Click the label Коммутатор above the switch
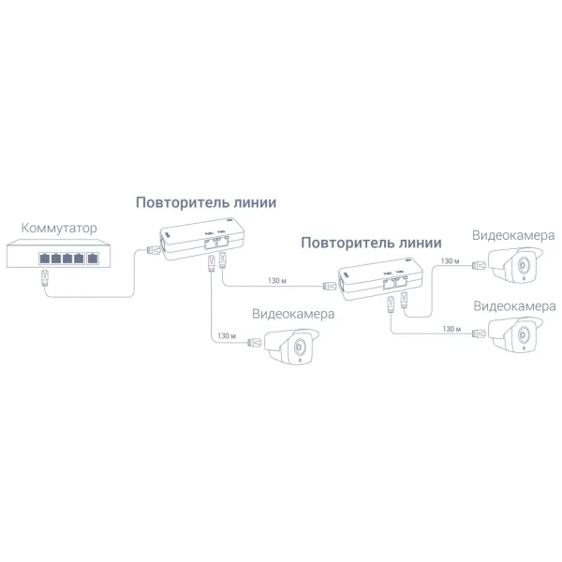click(x=58, y=228)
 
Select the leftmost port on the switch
click(x=43, y=257)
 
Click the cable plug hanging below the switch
click(x=44, y=276)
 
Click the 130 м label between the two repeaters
click(x=276, y=281)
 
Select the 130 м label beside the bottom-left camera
click(x=225, y=335)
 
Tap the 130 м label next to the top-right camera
click(x=450, y=261)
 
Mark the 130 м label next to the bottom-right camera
click(x=451, y=330)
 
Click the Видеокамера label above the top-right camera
click(x=513, y=235)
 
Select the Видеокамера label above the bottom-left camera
click(x=293, y=315)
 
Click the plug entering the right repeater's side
click(x=329, y=281)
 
